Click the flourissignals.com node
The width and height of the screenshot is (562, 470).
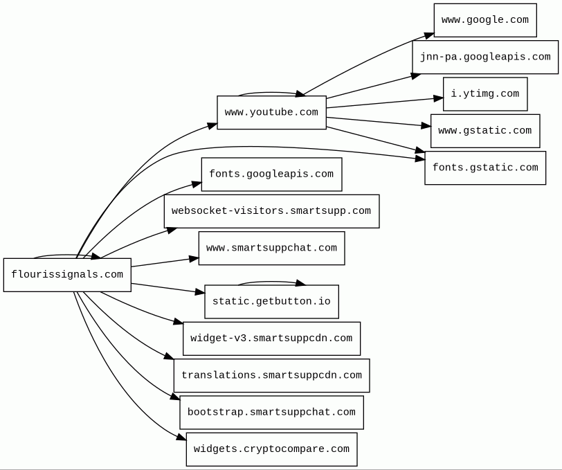67,275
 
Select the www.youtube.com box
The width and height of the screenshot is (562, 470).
272,112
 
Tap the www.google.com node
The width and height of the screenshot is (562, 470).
485,20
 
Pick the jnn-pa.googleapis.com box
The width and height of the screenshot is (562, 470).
485,57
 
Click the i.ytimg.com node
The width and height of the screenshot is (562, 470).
485,94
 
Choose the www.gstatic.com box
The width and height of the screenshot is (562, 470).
485,131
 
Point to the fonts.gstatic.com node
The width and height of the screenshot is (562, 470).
485,168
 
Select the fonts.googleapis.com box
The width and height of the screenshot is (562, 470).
272,174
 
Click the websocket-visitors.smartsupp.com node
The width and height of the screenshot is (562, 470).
272,211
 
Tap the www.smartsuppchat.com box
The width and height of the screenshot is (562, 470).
272,248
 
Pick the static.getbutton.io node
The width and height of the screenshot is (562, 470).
272,302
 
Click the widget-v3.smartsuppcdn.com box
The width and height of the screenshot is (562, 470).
272,338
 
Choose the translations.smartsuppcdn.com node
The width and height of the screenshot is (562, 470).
272,375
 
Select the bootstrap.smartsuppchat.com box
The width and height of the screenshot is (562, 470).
272,413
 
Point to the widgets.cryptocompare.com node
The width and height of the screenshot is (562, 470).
272,449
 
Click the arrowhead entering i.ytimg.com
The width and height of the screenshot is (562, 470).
438,98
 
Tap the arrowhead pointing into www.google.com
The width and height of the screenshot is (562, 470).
429,35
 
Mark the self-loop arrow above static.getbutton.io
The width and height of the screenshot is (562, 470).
272,282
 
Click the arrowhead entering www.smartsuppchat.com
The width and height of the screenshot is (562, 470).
194,259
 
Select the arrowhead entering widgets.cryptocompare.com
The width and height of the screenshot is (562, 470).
182,437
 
